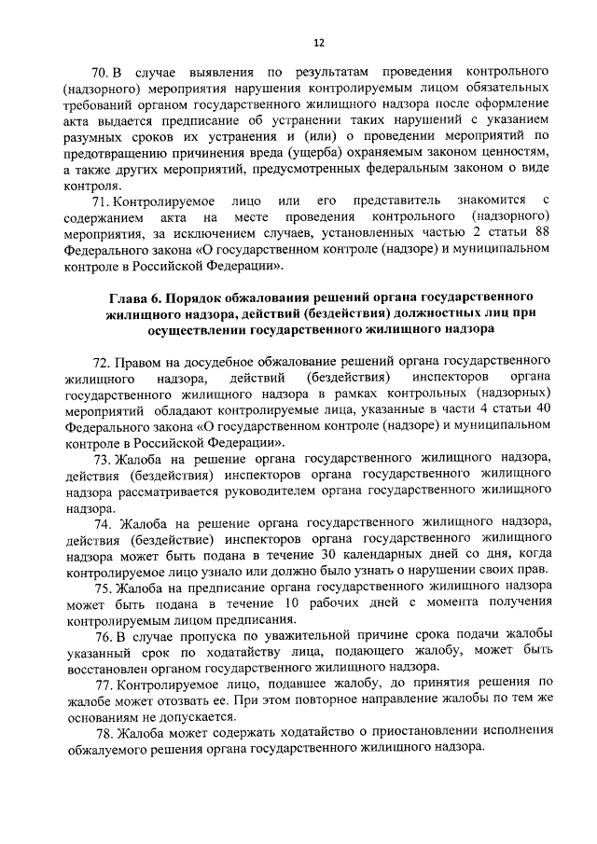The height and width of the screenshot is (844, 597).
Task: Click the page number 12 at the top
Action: click(318, 43)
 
